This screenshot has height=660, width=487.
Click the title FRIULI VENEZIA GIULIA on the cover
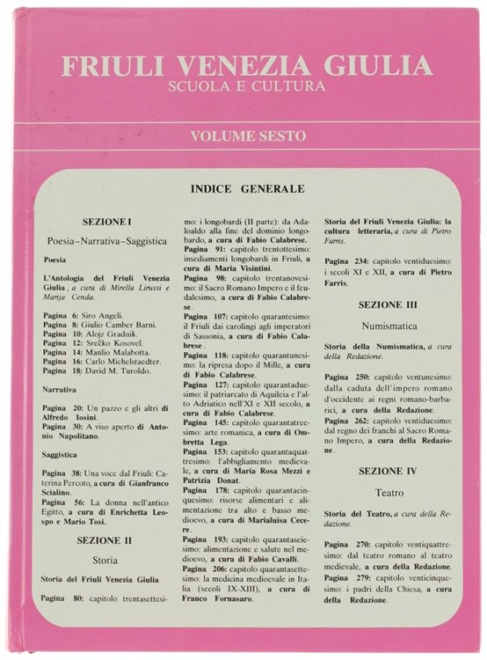(245, 66)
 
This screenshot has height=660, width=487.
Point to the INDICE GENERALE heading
(246, 188)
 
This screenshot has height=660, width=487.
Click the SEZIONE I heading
(106, 222)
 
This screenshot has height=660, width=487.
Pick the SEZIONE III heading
(389, 304)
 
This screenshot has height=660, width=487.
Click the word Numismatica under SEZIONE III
(389, 326)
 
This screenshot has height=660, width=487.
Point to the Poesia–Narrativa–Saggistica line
(106, 240)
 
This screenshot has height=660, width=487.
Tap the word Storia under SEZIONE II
(105, 559)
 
